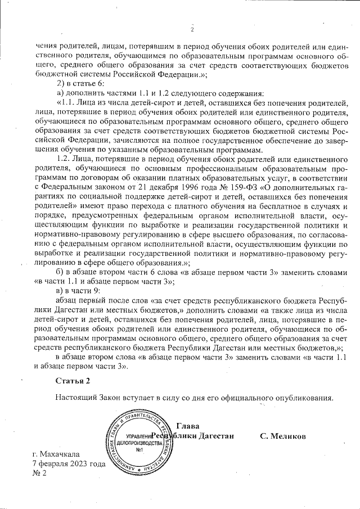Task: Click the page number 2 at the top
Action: [192, 30]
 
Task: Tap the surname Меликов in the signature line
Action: [283, 436]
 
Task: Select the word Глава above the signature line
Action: [187, 426]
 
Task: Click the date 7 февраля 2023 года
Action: [69, 463]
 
